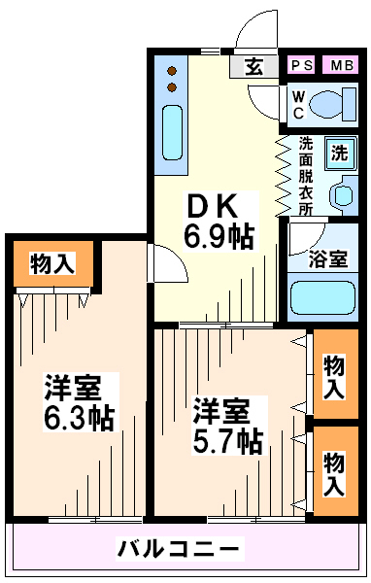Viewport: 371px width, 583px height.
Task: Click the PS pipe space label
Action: coord(302,65)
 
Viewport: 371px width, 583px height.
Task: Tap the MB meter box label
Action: coord(342,65)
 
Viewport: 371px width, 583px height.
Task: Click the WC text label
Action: coord(298,105)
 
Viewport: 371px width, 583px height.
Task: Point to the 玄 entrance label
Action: coord(253,67)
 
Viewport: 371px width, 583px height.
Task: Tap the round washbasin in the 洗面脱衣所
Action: coord(342,195)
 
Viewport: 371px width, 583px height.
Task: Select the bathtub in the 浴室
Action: coord(322,298)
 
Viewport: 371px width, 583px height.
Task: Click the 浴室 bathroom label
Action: coord(327,258)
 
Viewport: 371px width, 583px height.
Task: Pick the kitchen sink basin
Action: coord(172,132)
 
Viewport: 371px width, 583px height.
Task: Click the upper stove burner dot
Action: coord(172,70)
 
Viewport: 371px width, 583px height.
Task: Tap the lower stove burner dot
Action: coord(172,87)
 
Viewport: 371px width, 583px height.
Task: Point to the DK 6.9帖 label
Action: coord(219,222)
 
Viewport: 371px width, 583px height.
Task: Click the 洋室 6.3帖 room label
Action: coord(79,402)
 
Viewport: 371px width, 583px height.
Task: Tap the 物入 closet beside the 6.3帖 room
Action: coord(53,263)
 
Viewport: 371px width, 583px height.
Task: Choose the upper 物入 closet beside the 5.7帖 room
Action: coord(336,374)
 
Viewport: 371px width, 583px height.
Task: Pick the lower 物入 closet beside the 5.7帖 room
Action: coord(336,471)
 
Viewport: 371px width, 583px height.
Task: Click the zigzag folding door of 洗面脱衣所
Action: coord(283,175)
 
